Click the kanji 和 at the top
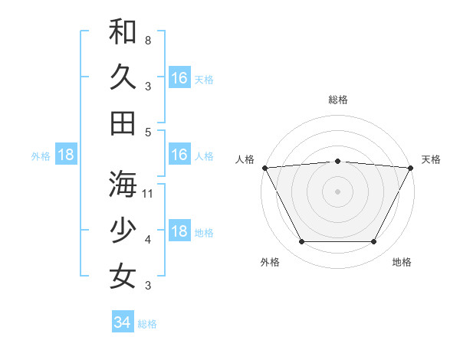tap(123, 31)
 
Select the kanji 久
tap(123, 77)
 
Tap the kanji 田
tap(123, 123)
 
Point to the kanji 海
tap(123, 184)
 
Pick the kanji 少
tap(123, 230)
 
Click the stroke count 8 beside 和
tap(147, 40)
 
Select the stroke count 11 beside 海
tap(149, 193)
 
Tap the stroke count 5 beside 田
tap(147, 132)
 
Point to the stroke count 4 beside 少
tap(147, 239)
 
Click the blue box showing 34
tap(122, 322)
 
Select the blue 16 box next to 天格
tap(179, 78)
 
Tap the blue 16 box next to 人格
tap(179, 155)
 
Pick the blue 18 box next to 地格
tap(179, 231)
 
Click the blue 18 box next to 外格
tap(66, 155)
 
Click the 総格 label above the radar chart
tap(338, 100)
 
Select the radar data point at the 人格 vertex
tap(264, 167)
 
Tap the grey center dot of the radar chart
tap(338, 191)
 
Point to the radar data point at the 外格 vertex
tap(301, 242)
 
